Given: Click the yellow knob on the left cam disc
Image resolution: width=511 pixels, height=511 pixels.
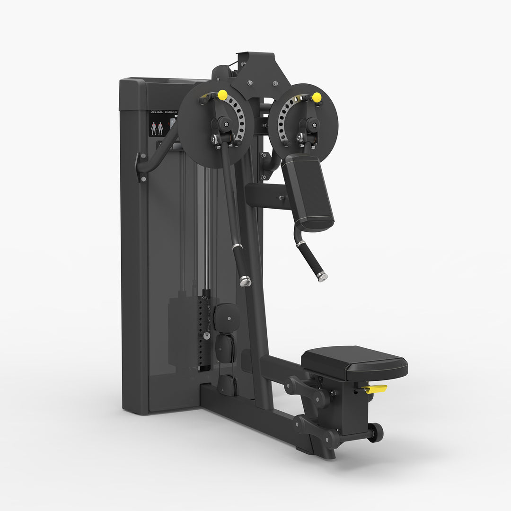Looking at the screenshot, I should point(222,95).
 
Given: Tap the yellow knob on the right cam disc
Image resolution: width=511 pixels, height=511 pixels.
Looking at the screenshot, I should point(317,97).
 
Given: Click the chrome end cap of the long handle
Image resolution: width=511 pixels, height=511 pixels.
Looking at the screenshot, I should point(245,281).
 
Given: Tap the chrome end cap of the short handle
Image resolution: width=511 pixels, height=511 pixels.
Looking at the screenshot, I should point(323,277).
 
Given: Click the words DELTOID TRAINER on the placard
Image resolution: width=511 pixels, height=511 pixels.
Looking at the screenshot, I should point(163,112).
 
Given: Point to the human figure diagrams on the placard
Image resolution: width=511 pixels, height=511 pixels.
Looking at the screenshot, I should point(157,128).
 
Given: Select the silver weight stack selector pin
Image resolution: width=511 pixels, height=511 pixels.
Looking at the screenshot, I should point(206,335).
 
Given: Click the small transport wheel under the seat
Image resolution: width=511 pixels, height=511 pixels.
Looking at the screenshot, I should point(376,432).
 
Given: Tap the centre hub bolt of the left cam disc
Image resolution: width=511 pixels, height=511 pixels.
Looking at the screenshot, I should point(226,124).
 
